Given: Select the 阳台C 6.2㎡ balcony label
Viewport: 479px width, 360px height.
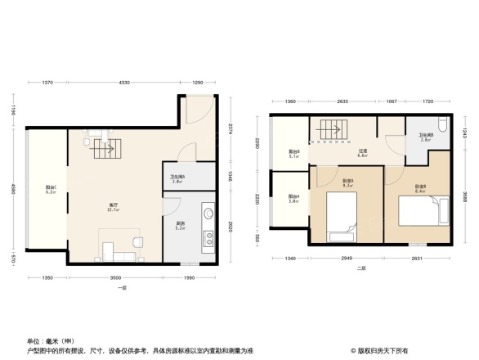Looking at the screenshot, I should [x=51, y=191].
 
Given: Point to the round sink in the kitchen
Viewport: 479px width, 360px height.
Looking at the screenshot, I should [x=208, y=215].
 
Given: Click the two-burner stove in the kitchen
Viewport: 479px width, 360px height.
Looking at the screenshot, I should [x=208, y=241].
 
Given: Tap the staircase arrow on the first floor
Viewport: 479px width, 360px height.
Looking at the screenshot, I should [x=104, y=150].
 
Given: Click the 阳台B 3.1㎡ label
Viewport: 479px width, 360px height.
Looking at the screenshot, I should [x=293, y=153].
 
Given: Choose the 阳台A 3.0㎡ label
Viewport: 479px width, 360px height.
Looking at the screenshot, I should [x=293, y=197].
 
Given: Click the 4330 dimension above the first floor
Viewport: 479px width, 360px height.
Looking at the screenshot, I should [x=123, y=83].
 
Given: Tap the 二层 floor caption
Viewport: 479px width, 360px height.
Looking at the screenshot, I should [x=360, y=268].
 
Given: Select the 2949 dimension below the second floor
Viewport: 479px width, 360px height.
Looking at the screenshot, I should [x=346, y=259].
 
